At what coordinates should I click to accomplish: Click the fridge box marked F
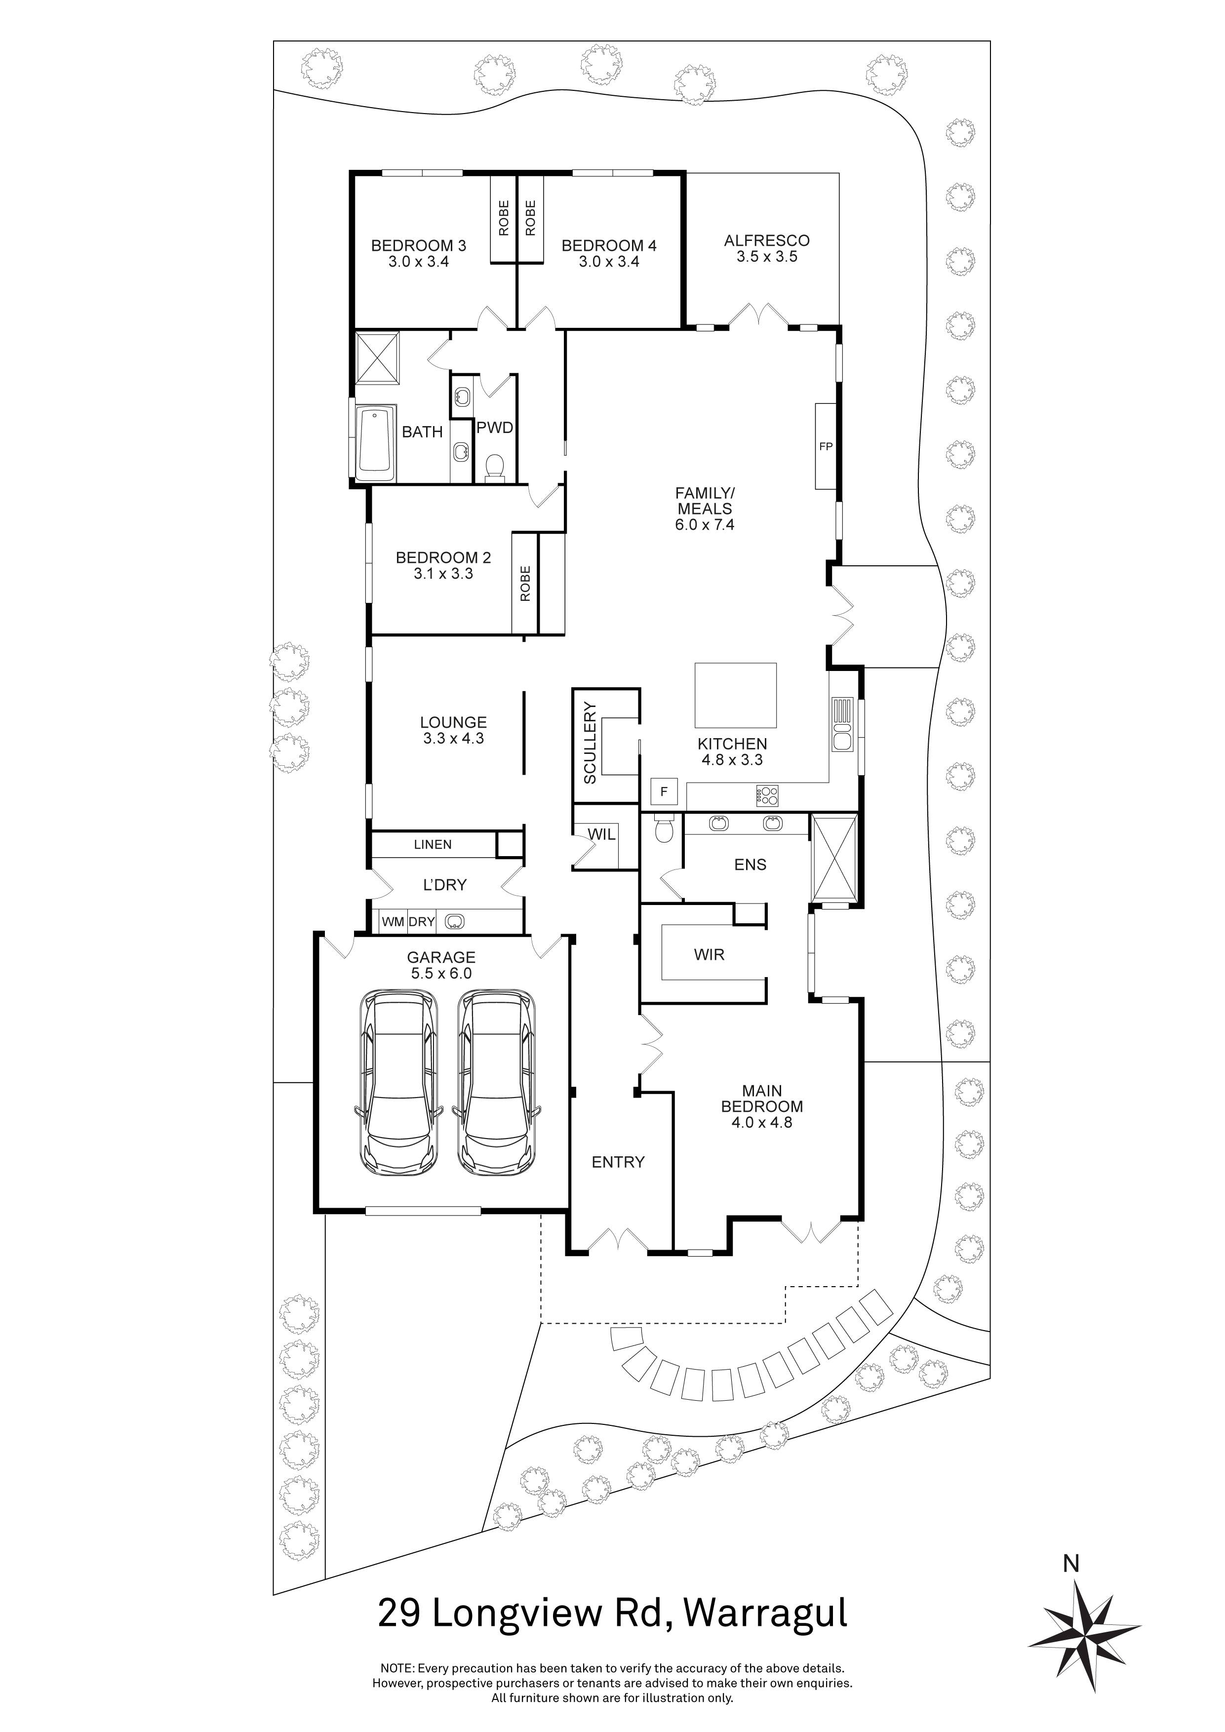click(664, 792)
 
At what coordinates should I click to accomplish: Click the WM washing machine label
click(392, 922)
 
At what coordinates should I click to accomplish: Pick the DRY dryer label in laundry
click(422, 922)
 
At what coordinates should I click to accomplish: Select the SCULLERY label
click(590, 743)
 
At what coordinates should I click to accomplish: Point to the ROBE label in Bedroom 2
click(525, 583)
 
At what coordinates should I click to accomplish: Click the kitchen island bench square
click(736, 694)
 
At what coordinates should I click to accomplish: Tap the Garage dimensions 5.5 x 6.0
click(441, 974)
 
